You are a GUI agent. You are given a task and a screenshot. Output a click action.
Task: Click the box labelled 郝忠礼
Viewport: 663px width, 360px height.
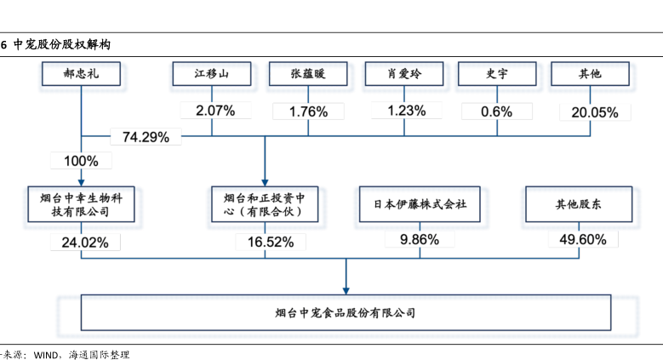[x=81, y=74]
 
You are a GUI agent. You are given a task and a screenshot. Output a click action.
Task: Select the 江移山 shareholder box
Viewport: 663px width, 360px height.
[x=212, y=74]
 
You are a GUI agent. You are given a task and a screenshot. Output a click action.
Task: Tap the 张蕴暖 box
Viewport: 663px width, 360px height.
[x=308, y=74]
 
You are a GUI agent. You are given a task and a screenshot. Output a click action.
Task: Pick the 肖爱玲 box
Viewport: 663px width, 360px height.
[x=405, y=74]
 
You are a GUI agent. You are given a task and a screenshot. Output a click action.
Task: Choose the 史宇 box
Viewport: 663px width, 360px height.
[x=497, y=74]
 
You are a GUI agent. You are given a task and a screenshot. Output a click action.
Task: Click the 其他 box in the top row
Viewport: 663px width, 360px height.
[x=589, y=74]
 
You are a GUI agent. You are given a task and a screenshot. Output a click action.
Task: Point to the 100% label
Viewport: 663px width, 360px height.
[x=81, y=160]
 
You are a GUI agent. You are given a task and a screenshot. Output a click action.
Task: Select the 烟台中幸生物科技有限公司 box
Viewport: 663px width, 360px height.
[x=81, y=204]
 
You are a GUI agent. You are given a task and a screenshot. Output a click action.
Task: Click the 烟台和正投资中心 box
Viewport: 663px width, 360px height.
[x=266, y=204]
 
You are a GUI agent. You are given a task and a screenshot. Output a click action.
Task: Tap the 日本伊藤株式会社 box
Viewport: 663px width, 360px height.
[x=420, y=204]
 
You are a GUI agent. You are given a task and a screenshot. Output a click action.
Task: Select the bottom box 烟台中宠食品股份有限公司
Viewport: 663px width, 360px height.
[x=346, y=312]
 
